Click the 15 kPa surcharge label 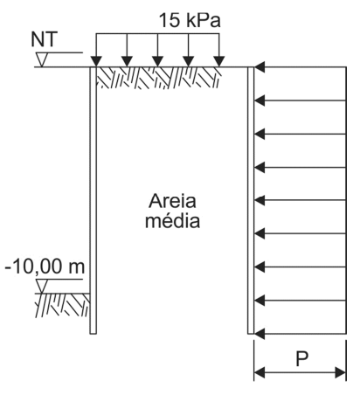[x=190, y=20]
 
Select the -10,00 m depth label [x=45, y=267]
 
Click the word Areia [x=172, y=201]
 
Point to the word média [x=172, y=220]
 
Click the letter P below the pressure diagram [x=301, y=358]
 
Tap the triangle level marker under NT [x=42, y=59]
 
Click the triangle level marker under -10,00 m [x=42, y=286]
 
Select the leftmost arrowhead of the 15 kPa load [x=96, y=61]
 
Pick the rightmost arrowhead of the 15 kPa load [x=219, y=61]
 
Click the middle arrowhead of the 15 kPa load [x=157, y=61]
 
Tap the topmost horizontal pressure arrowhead [x=260, y=67]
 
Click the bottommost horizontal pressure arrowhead [x=260, y=334]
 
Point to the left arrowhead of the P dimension [x=260, y=372]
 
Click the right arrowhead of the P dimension [x=341, y=372]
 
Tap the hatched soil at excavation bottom [x=62, y=305]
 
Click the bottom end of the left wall [x=93, y=333]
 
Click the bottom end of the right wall [x=251, y=333]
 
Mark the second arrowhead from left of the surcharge [x=127, y=61]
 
